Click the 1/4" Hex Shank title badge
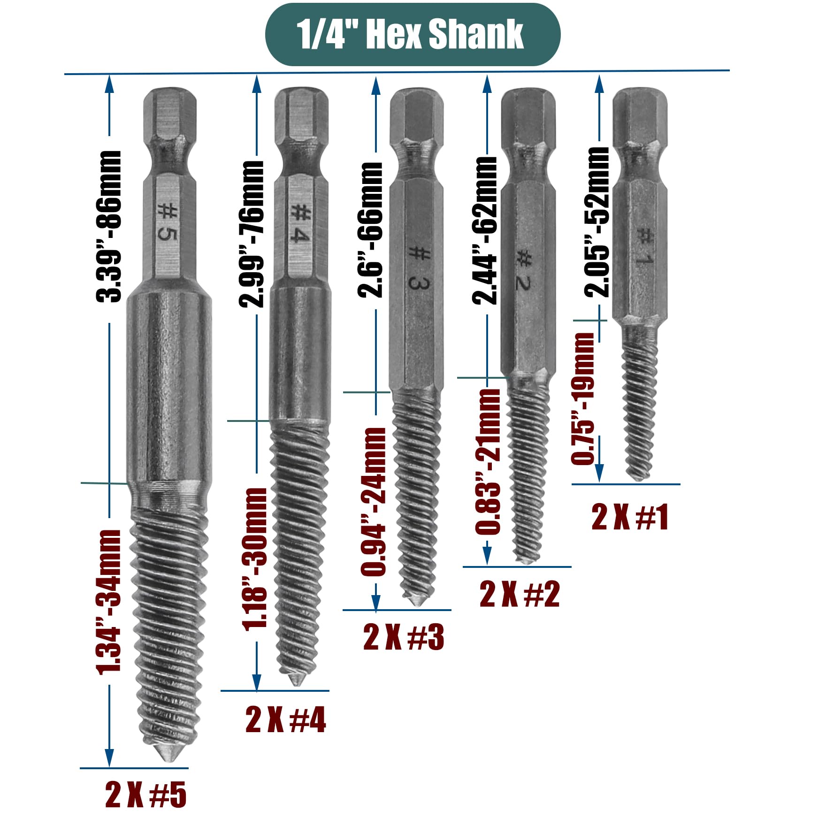tap(413, 34)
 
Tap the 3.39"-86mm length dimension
tap(109, 227)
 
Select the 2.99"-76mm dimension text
tap(252, 234)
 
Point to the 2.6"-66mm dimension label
tap(370, 230)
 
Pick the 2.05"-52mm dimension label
tap(597, 222)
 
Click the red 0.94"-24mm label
tap(373, 502)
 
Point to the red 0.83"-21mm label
tap(488, 462)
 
